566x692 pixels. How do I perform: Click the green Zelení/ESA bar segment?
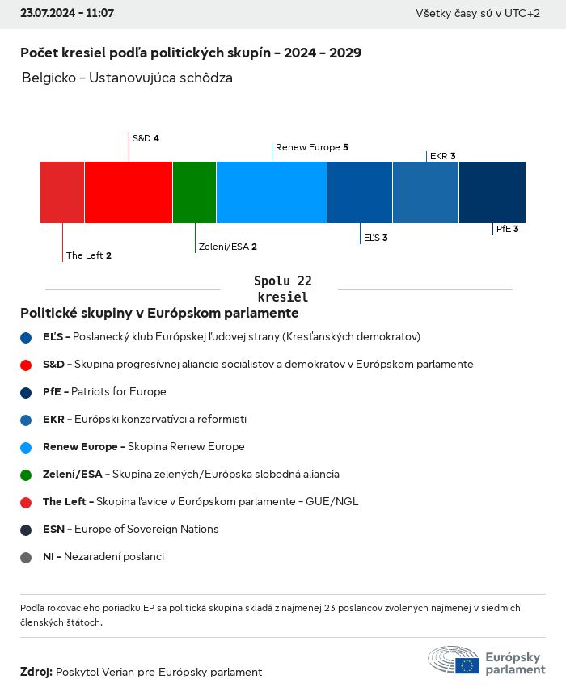tap(194, 192)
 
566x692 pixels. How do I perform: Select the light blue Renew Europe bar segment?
tap(272, 192)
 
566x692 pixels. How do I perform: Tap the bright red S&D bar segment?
tap(129, 192)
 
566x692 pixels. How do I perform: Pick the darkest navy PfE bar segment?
tap(492, 192)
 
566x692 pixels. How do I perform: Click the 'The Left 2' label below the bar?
tap(89, 255)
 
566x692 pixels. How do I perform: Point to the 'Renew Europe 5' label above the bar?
tap(311, 147)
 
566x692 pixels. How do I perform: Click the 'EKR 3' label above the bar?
tap(442, 156)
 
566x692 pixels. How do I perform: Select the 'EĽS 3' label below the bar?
tap(375, 238)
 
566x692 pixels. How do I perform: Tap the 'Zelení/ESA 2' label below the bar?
tap(227, 247)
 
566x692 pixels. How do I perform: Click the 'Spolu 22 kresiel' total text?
tap(283, 289)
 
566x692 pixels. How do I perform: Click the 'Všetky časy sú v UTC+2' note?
tap(478, 14)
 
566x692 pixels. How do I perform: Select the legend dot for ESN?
tap(26, 530)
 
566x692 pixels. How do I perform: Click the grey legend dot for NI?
tap(26, 557)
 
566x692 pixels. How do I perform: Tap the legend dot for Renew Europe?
tap(26, 447)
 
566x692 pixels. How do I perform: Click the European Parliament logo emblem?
tap(454, 660)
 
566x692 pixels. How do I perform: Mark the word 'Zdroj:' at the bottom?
tap(36, 672)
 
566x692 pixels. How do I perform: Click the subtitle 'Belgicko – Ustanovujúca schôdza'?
tap(128, 78)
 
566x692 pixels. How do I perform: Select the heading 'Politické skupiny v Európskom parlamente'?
tap(159, 313)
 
